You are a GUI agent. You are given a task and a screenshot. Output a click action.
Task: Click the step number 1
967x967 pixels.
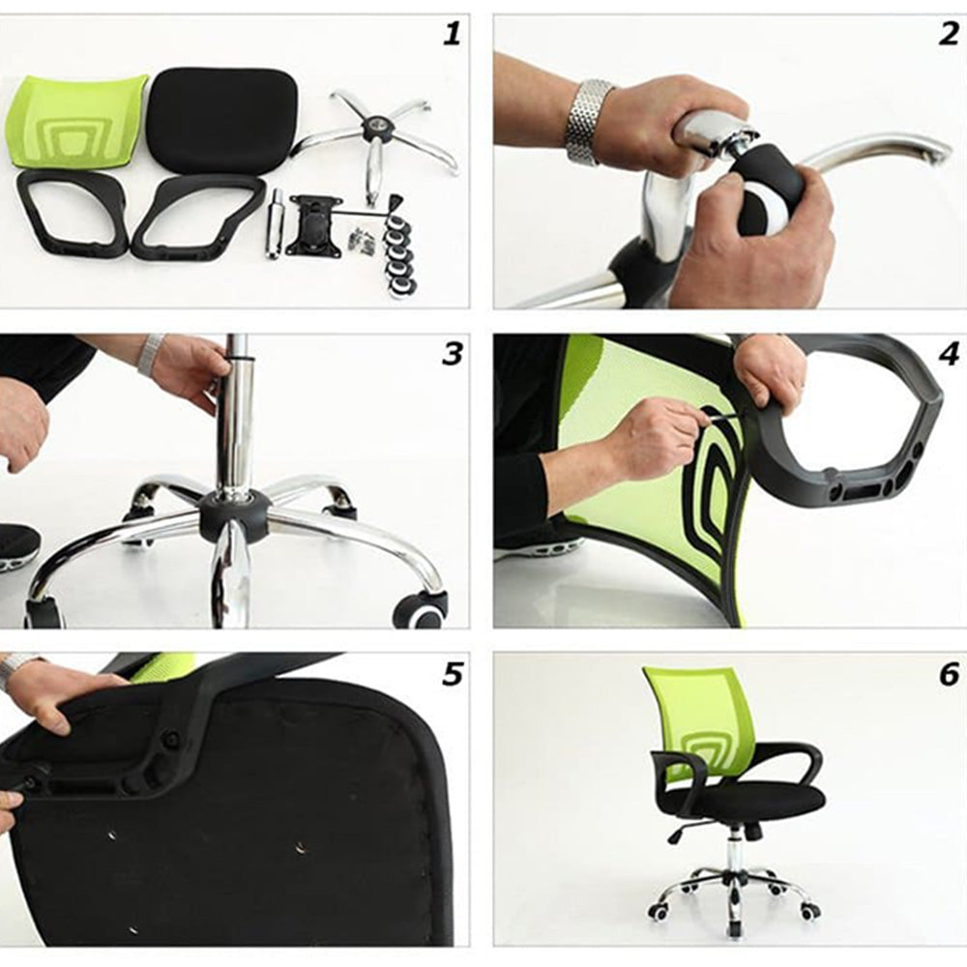pos(452,33)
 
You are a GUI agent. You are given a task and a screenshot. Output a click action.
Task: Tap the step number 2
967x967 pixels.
pos(949,33)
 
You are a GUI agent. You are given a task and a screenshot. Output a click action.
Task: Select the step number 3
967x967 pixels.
pos(452,354)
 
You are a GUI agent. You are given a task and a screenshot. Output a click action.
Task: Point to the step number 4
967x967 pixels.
pos(949,354)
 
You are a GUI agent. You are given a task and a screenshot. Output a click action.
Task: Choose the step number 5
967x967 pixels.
pos(452,675)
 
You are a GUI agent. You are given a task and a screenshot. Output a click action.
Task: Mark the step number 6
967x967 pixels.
pos(949,675)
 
